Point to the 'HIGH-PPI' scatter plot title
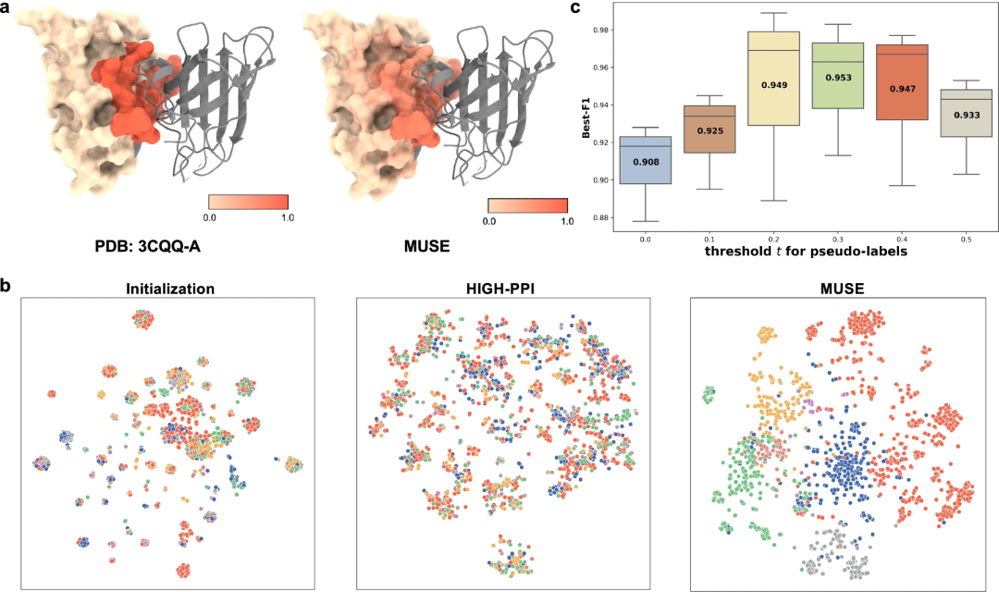(502, 289)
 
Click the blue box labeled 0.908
(646, 160)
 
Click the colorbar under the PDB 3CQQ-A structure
(249, 202)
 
